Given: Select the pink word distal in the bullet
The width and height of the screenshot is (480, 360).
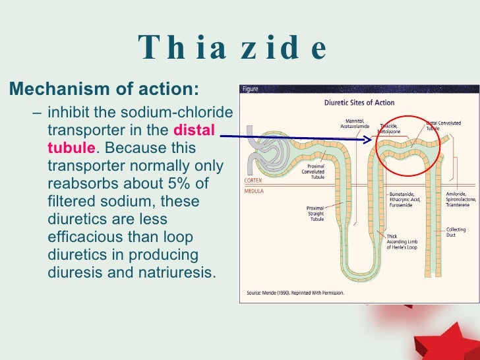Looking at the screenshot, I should tap(194, 131).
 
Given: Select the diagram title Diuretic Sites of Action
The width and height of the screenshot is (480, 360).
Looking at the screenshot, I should tap(359, 103).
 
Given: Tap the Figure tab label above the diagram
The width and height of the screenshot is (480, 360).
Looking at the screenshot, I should tap(251, 89).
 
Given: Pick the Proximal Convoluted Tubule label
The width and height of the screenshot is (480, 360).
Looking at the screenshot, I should tap(313, 171).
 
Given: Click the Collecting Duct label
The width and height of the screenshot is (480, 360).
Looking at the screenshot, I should tap(456, 232).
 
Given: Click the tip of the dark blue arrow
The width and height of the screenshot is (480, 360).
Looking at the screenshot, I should tap(372, 139).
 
